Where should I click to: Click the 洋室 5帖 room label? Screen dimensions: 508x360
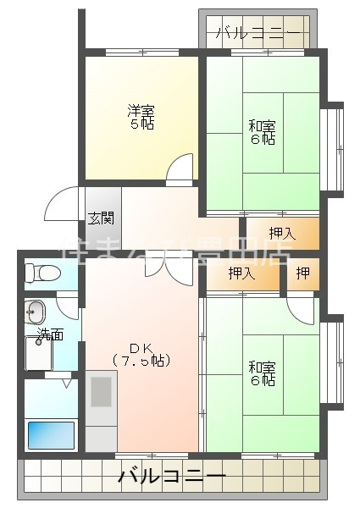pos(141,117)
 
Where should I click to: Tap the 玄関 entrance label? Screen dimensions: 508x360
pos(102,218)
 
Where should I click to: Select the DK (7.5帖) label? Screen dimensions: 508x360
pos(141,354)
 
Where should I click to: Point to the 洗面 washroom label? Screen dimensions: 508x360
pos(50,334)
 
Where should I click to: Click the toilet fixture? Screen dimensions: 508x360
pos(42,273)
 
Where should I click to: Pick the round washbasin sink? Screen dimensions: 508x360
pos(36,309)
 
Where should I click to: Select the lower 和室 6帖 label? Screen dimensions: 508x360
pos(262,373)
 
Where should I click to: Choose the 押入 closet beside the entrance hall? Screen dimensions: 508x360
pos(282,233)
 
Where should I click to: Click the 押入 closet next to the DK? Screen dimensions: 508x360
pos(241,273)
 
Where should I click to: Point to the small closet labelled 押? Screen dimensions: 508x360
pos(302,273)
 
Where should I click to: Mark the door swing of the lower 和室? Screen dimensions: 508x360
pos(301,308)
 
